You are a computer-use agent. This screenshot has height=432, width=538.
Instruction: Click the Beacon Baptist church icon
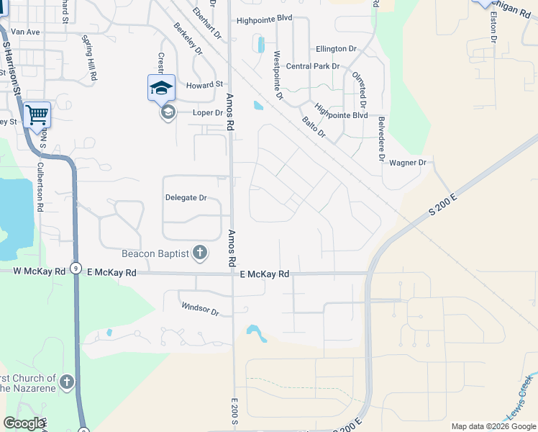coord(200,253)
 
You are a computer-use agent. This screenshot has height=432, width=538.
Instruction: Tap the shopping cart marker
coord(37,114)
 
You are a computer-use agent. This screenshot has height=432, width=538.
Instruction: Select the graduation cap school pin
coord(161,89)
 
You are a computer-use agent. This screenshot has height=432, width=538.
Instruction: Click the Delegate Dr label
coord(186,197)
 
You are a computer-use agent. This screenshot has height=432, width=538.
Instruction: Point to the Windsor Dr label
coord(199,309)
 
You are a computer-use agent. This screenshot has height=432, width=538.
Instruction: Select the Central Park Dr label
coord(312,66)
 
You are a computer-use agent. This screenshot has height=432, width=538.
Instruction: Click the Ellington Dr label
coord(336,49)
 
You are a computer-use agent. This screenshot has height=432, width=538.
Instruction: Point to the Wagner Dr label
coord(408,163)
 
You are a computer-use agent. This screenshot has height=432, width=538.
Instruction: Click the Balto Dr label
coord(314,127)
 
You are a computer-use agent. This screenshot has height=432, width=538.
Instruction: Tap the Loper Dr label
coord(208,113)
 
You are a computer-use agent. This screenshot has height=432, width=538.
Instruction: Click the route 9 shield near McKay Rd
coord(76,268)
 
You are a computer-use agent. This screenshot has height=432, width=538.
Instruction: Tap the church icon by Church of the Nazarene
coord(67,382)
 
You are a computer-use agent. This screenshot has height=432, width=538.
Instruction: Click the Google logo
coord(24,423)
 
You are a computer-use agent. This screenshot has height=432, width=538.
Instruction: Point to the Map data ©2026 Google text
coord(493,426)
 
